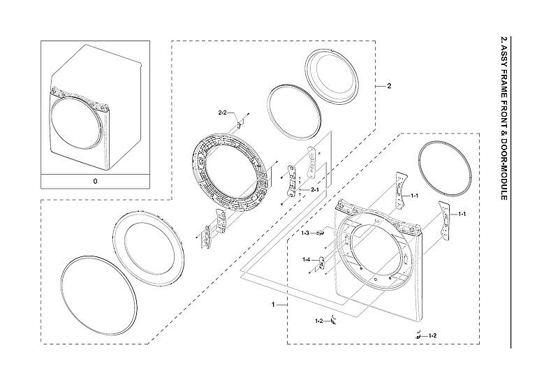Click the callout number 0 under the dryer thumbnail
[96, 180]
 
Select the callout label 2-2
[223, 112]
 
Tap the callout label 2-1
[314, 190]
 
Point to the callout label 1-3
[305, 233]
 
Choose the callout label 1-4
[306, 260]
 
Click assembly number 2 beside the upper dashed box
[388, 86]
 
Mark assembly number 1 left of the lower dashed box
[273, 305]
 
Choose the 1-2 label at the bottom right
[432, 336]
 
